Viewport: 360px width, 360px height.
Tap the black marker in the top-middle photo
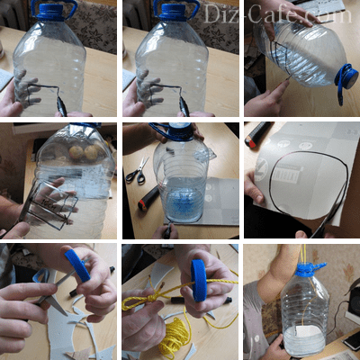[x=184, y=106]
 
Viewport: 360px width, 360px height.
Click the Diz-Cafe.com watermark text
[x=277, y=14]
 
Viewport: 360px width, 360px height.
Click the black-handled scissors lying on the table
[x=138, y=172]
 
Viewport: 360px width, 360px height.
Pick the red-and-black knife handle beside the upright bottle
[x=149, y=198]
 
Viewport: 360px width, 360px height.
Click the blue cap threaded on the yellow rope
[x=198, y=280]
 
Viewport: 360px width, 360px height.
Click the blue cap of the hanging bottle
[x=307, y=269]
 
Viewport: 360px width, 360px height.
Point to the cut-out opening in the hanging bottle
[x=303, y=333]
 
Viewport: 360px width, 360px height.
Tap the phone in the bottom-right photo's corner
[x=352, y=339]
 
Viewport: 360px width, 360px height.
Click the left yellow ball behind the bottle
[x=76, y=153]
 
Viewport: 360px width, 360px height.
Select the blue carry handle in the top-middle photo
[x=176, y=7]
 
